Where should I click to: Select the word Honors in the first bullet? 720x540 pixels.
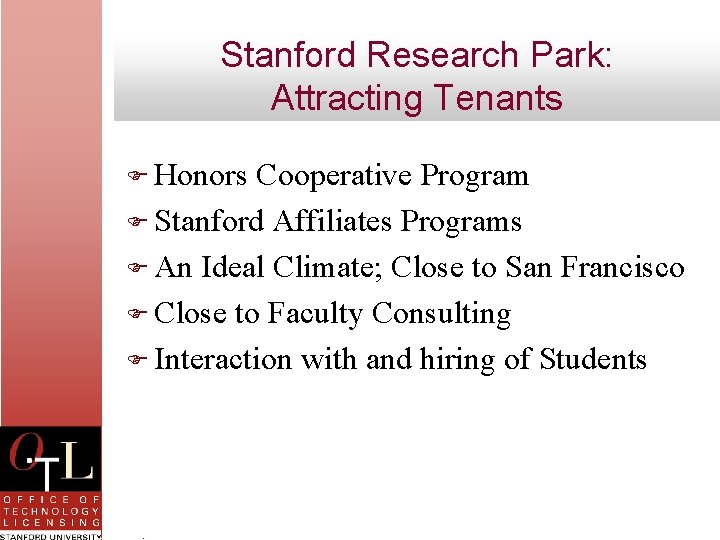click(201, 176)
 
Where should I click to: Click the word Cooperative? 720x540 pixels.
click(334, 176)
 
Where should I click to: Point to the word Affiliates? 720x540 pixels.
click(332, 221)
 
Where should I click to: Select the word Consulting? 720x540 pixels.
click(441, 314)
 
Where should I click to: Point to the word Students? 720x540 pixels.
click(593, 359)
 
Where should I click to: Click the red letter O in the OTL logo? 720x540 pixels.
click(24, 455)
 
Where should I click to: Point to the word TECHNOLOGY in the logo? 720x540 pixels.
click(51, 510)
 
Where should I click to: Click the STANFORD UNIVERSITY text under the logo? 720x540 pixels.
click(51, 535)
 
